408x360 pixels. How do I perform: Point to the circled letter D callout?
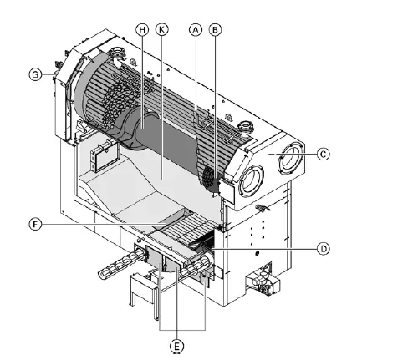(x=322, y=248)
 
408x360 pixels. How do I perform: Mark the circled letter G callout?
(x=34, y=74)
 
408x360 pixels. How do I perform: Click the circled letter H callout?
(x=142, y=28)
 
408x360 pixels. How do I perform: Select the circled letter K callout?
(x=161, y=28)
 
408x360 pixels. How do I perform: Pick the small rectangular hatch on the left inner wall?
(x=105, y=155)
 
